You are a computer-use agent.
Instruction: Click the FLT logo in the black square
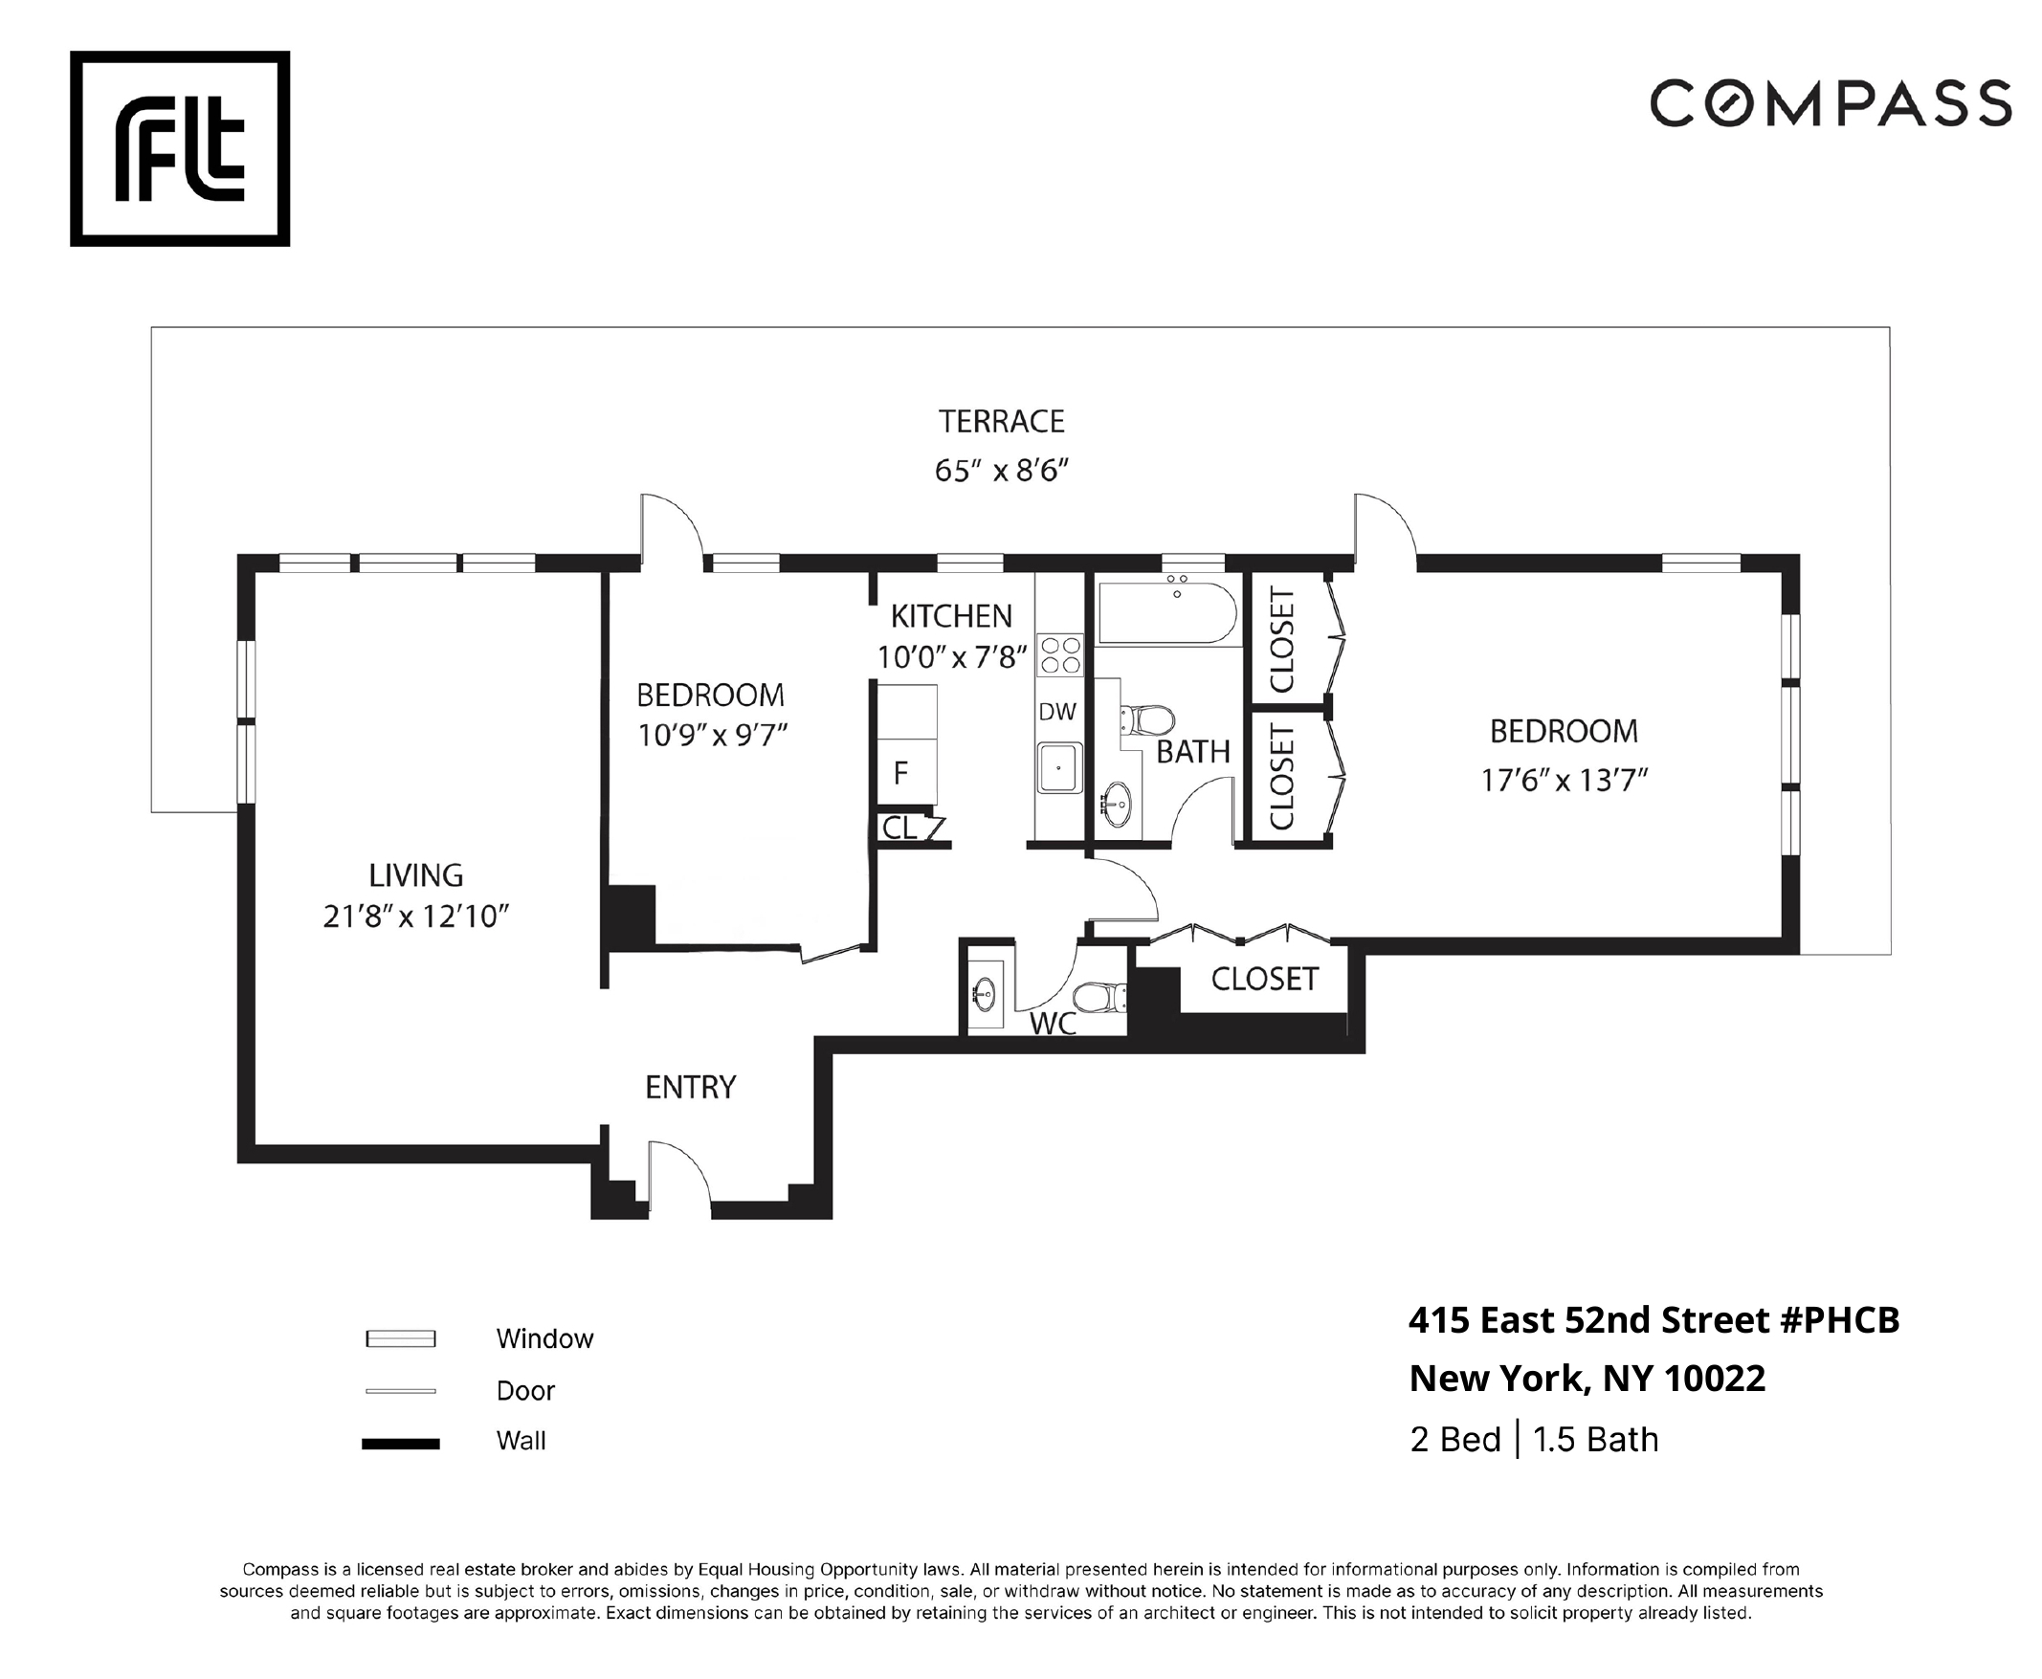180,148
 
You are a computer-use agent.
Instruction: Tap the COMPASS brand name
1831,103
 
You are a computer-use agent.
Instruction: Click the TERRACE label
1001,422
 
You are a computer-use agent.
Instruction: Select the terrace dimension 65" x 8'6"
1001,471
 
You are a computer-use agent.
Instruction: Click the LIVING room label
416,875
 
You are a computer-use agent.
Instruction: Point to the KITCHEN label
951,616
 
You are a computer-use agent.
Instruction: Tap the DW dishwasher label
1057,712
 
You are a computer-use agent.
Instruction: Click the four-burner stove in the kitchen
1059,653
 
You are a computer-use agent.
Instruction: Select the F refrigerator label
900,773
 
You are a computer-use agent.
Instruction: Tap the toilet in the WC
1100,997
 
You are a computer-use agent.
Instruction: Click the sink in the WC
985,993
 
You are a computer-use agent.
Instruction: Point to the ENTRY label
691,1087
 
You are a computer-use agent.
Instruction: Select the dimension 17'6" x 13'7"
1565,781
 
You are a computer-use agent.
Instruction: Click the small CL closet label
899,828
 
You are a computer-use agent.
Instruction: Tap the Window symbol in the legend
401,1338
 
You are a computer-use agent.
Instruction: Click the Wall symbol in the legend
401,1444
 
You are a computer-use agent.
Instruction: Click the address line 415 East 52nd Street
1654,1320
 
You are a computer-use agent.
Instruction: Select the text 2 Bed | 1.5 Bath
1534,1440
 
